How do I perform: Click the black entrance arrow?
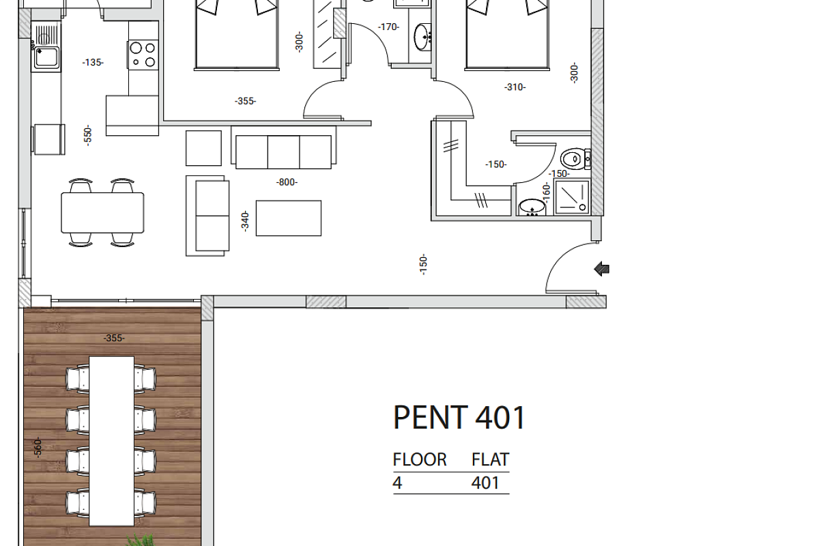[601, 269]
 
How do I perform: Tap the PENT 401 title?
[459, 418]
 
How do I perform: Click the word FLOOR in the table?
[420, 459]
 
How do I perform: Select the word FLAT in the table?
[490, 459]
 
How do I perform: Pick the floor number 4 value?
[397, 483]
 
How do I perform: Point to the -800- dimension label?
[287, 182]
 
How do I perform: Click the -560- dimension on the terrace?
[38, 447]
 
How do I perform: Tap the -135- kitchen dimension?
[93, 63]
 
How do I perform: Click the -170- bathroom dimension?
[388, 27]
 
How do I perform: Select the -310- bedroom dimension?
[515, 87]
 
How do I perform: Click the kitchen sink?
[46, 57]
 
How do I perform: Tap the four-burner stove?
[143, 55]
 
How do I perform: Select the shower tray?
[572, 197]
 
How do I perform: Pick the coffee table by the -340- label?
[289, 218]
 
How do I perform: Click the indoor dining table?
[102, 213]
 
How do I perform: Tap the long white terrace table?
[111, 441]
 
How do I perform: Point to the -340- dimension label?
[245, 221]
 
